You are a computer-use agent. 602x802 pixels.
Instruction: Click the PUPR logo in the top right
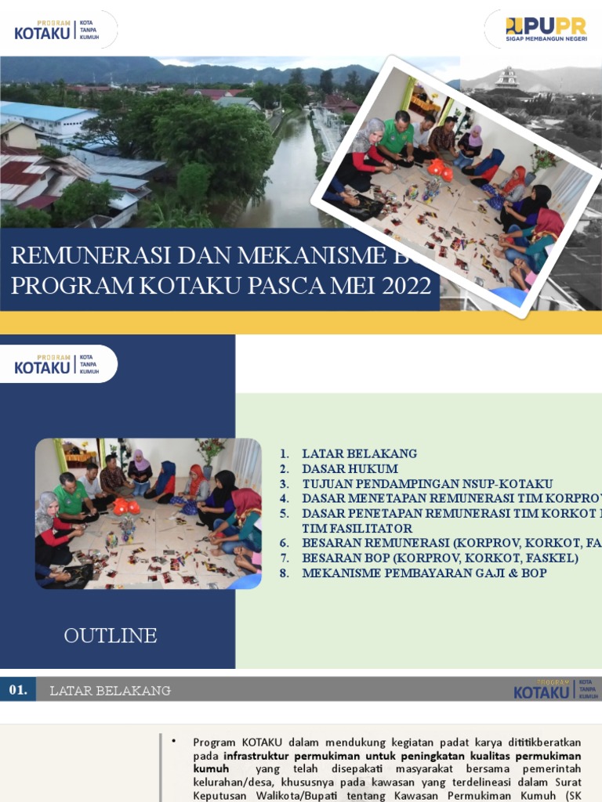pos(546,29)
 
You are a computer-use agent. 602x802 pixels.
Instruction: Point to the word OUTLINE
pos(111,635)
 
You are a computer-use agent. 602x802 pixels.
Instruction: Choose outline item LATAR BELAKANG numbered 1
pos(359,453)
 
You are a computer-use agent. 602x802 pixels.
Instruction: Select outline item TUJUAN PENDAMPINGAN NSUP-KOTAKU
pos(427,483)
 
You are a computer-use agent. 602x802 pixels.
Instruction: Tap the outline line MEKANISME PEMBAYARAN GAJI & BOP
pos(424,573)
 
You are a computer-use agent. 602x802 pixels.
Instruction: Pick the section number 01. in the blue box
pos(18,690)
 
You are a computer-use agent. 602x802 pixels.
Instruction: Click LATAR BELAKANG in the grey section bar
pos(110,691)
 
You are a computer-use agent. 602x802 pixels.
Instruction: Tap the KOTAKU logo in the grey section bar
pos(553,690)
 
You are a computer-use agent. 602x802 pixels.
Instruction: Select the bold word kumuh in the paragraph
pos(211,770)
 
